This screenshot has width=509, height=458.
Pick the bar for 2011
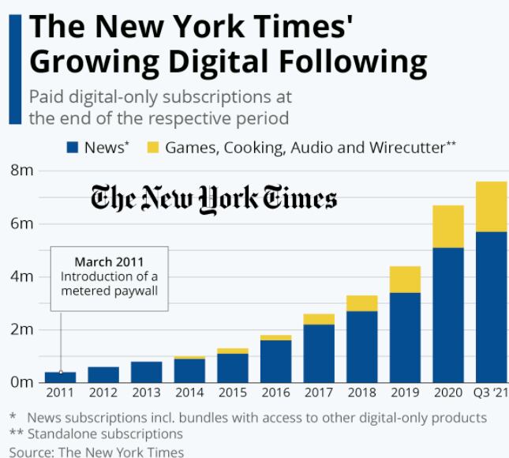pyautogui.click(x=61, y=377)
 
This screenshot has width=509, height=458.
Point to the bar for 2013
pyautogui.click(x=146, y=371)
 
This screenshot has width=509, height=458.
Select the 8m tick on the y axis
pyautogui.click(x=22, y=170)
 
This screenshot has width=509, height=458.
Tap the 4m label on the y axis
pyautogui.click(x=22, y=276)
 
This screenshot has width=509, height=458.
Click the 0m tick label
pyautogui.click(x=22, y=382)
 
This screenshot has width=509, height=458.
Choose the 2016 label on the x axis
pyautogui.click(x=276, y=393)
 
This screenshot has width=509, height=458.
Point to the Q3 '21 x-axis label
pyautogui.click(x=490, y=393)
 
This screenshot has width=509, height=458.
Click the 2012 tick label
pyautogui.click(x=103, y=393)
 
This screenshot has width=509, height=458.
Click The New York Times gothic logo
pyautogui.click(x=214, y=197)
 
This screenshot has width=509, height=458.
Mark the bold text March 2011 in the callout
pyautogui.click(x=110, y=261)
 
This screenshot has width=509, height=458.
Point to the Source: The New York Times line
pyautogui.click(x=96, y=451)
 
